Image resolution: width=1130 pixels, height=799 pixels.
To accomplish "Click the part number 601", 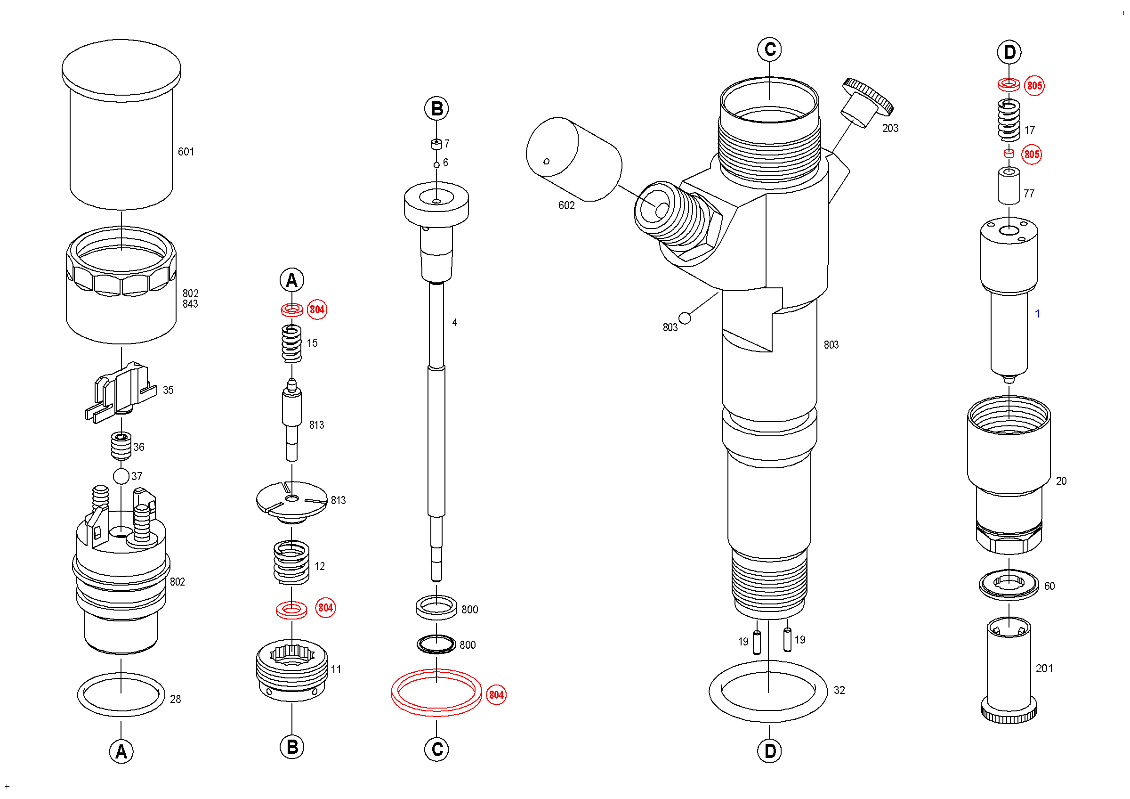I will (x=186, y=152).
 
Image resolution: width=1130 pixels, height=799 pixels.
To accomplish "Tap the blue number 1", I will (x=1037, y=314).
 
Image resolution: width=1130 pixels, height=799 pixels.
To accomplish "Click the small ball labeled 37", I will (x=121, y=476).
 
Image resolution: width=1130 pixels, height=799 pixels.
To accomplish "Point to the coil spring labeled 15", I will (x=291, y=343).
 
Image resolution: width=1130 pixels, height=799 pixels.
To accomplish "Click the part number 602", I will (x=566, y=205).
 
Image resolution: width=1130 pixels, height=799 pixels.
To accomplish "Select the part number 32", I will (x=839, y=690).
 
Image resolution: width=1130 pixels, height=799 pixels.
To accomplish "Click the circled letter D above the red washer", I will (x=1009, y=52).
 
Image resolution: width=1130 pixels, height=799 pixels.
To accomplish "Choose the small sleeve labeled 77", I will (x=1009, y=186).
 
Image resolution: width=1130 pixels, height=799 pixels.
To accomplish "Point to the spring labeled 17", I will (x=1009, y=120).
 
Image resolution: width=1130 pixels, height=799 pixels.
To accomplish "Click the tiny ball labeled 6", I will (x=436, y=165).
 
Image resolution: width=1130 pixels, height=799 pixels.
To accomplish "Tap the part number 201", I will (x=1044, y=669).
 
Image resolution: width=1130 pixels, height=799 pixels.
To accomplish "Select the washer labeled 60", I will (x=1009, y=585).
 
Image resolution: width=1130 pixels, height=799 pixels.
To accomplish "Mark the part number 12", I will (x=319, y=566).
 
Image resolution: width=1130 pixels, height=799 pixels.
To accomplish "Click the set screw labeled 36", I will (x=121, y=446).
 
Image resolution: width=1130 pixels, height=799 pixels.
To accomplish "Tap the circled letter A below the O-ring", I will (x=121, y=752).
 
